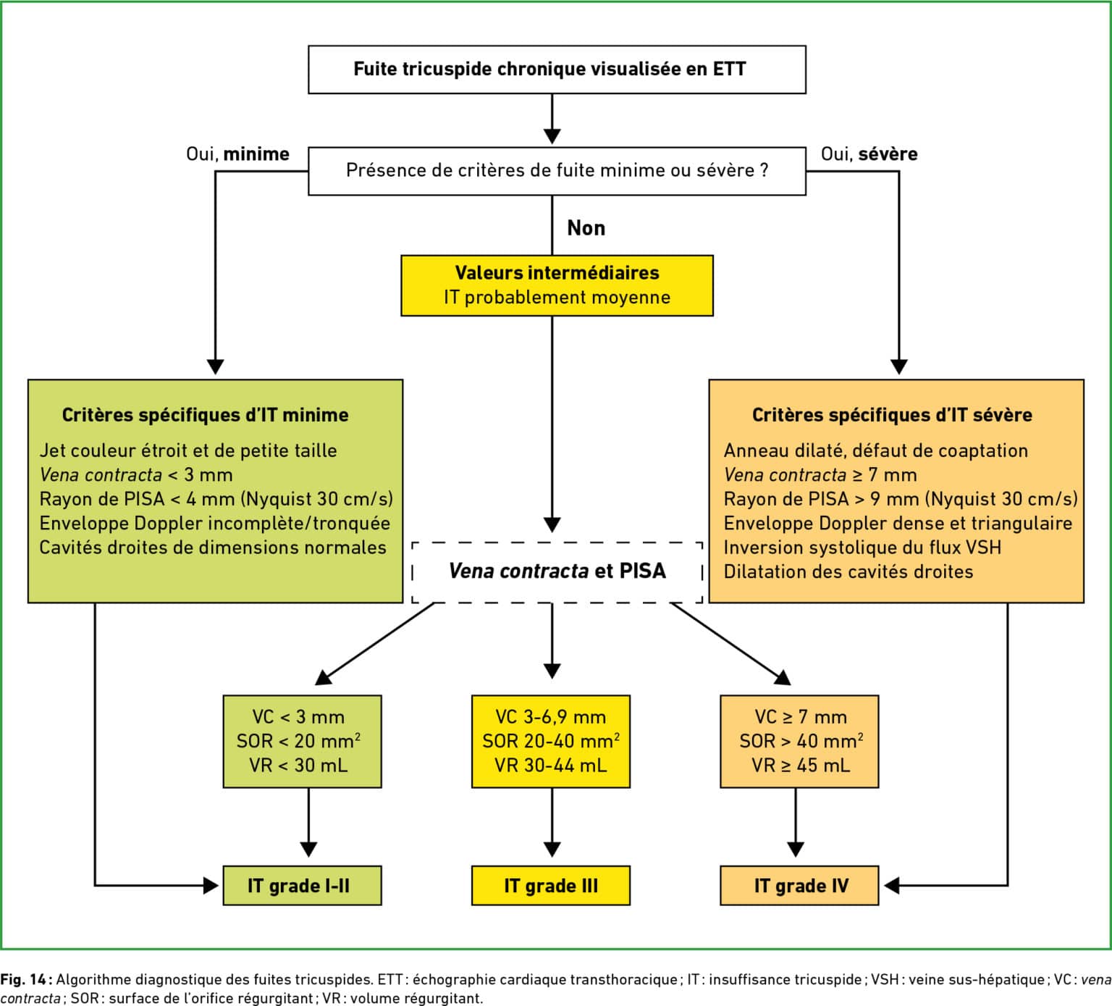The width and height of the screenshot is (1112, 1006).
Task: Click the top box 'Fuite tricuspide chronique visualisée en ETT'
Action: (x=557, y=70)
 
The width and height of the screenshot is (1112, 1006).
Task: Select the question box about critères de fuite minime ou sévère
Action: (x=557, y=171)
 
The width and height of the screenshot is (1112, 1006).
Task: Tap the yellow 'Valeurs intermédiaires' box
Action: (x=557, y=285)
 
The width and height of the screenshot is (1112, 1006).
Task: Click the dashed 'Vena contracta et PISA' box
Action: (x=557, y=571)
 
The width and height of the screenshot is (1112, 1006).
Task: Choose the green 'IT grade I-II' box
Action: (x=302, y=885)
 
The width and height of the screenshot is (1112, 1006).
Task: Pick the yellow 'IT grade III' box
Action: (x=551, y=885)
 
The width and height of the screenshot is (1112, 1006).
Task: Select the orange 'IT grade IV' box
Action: (x=799, y=885)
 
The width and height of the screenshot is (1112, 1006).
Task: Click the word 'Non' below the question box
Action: (x=586, y=228)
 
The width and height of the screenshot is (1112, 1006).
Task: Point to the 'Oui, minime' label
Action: (x=237, y=154)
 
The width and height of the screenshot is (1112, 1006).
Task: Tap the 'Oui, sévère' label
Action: (x=869, y=154)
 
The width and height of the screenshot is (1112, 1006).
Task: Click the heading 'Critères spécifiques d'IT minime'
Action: (x=205, y=415)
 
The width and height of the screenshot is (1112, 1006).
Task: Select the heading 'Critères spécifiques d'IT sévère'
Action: (x=892, y=415)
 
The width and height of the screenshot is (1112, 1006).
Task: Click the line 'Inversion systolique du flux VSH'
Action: (x=862, y=548)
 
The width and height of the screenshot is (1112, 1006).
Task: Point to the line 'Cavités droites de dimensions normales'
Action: (x=213, y=548)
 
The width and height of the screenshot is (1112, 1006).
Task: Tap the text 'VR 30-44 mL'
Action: (x=551, y=766)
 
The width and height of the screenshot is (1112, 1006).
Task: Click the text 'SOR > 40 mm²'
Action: (x=801, y=741)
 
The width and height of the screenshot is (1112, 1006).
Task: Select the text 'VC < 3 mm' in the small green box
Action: (x=298, y=717)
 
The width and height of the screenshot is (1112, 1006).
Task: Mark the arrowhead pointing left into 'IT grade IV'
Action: (x=892, y=885)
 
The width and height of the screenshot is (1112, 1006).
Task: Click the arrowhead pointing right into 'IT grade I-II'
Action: (x=211, y=885)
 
